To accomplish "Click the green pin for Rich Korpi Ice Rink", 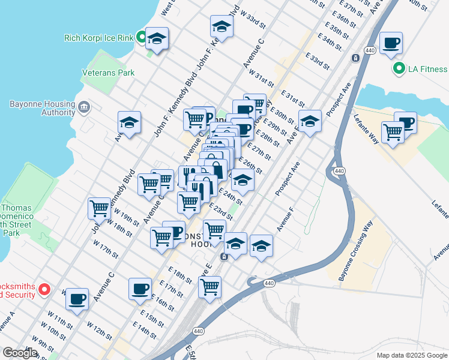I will pyautogui.click(x=141, y=38).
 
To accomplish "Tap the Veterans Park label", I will pyautogui.click(x=108, y=73).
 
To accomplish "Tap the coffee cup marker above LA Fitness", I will pyautogui.click(x=391, y=43).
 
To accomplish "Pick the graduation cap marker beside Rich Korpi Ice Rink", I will pyautogui.click(x=157, y=38).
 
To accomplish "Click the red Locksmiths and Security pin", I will pyautogui.click(x=44, y=290).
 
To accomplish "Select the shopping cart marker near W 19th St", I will pyautogui.click(x=99, y=209).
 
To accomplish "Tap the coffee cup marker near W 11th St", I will pyautogui.click(x=77, y=299).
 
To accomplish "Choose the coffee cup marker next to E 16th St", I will pyautogui.click(x=140, y=289).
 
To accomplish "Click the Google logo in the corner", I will pyautogui.click(x=20, y=353).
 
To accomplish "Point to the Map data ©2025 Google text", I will pyautogui.click(x=411, y=355).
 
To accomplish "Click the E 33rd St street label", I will pyautogui.click(x=318, y=61).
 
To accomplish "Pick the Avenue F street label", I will pyautogui.click(x=285, y=220).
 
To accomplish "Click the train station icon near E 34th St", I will pyautogui.click(x=356, y=58).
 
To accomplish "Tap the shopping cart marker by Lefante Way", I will pyautogui.click(x=393, y=131).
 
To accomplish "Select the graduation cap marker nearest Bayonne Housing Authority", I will pyautogui.click(x=129, y=122).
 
